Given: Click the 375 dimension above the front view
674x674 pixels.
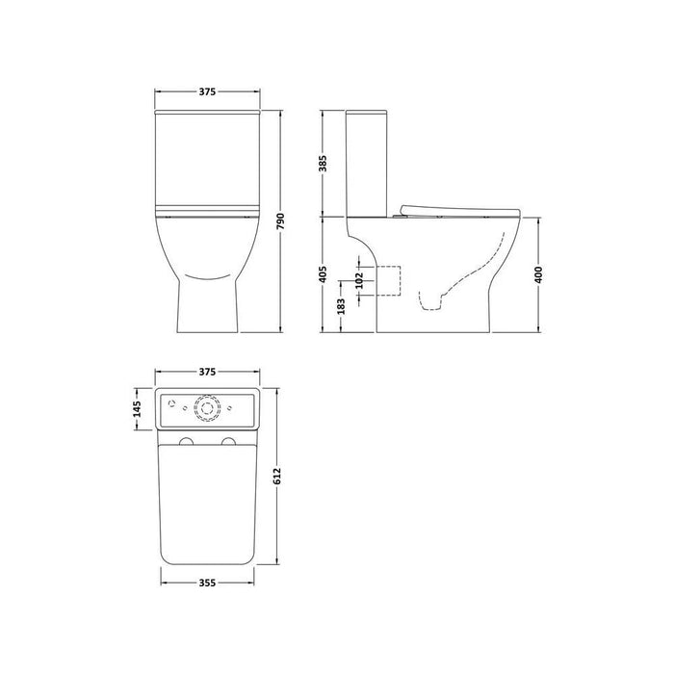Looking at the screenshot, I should point(207,91).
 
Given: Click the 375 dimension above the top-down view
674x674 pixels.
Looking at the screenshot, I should point(207,371).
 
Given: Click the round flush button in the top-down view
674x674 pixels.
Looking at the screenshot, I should point(207,408).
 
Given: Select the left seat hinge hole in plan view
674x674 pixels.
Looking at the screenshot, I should point(186,442).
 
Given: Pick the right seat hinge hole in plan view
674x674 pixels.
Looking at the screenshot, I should point(229,442).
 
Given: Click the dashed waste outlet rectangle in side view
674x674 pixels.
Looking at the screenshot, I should point(386,279).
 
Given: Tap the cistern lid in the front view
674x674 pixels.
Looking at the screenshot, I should point(207,117).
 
